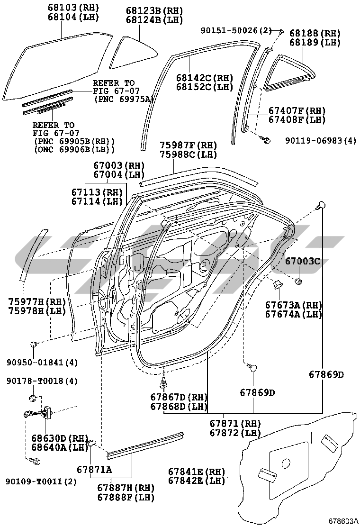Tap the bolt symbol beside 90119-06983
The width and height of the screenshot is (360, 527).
tap(266, 140)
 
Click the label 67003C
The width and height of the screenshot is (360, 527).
tap(302, 261)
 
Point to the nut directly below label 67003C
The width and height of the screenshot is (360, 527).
tap(299, 282)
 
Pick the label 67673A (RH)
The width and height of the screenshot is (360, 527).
tap(294, 305)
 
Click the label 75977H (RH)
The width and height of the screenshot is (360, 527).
tap(37, 301)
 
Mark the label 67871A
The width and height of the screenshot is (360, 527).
tap(94, 469)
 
